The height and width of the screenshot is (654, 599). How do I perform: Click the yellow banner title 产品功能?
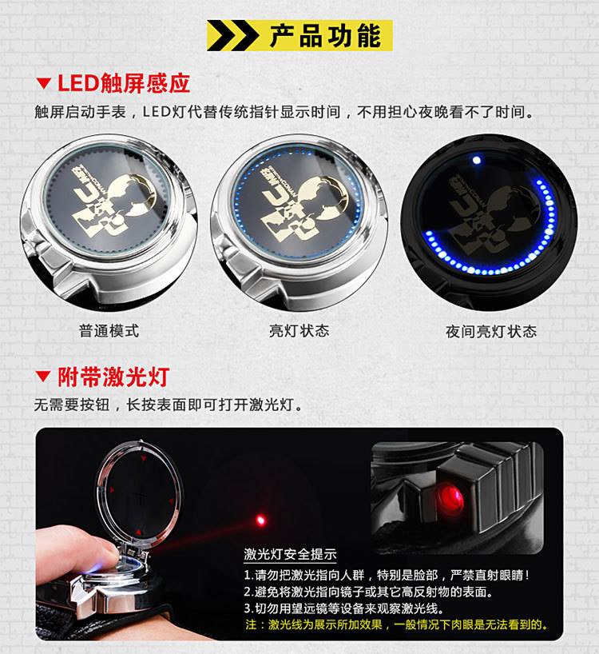(x=325, y=36)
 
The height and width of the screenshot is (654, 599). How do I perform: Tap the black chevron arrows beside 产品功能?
(x=232, y=35)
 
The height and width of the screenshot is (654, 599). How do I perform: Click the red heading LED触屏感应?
(x=123, y=83)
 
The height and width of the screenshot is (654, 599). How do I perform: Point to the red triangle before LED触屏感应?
(x=43, y=83)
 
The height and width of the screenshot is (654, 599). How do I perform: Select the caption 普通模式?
(x=109, y=331)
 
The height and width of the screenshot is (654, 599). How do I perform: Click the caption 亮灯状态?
(x=299, y=331)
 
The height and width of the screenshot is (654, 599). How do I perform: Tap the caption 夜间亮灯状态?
(x=491, y=332)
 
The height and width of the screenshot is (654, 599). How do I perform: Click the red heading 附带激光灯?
(x=113, y=377)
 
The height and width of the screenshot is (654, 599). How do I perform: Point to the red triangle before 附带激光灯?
(x=43, y=377)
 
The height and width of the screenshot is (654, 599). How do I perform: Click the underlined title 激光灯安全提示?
(x=290, y=554)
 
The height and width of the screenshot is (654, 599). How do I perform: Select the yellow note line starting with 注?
(x=396, y=624)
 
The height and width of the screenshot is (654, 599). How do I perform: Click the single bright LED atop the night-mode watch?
(x=477, y=160)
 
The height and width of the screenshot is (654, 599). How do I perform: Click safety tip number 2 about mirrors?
(x=369, y=592)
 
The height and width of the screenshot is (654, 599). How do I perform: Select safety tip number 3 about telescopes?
(x=343, y=608)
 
